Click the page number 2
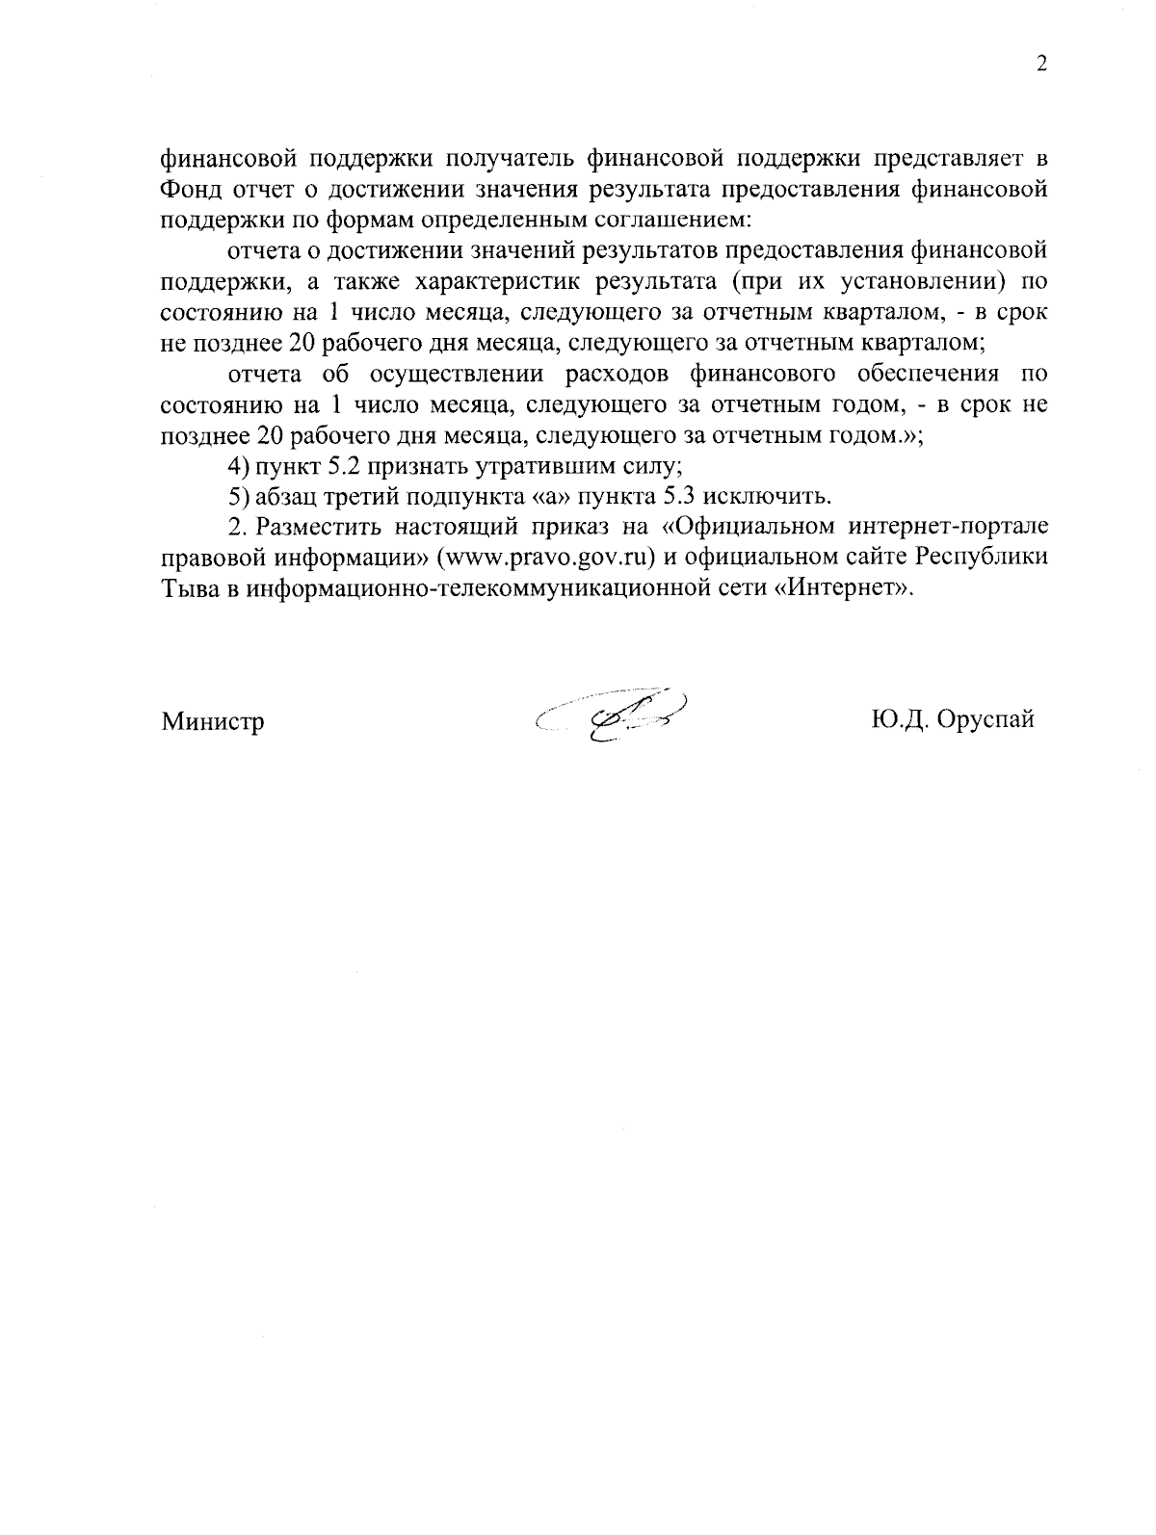coord(1040,65)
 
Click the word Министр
coord(213,721)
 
